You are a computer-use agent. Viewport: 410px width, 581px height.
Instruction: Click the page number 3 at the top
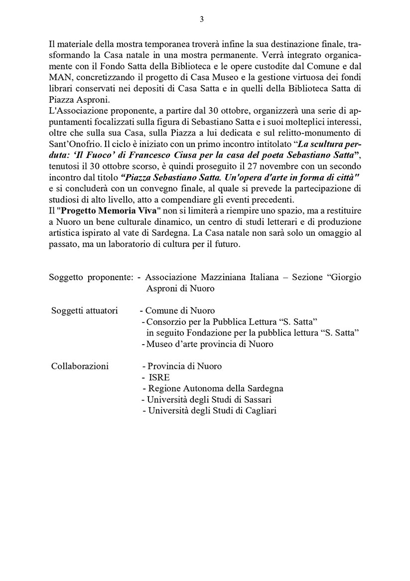(x=202, y=19)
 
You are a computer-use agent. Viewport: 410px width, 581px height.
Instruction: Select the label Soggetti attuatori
(x=84, y=311)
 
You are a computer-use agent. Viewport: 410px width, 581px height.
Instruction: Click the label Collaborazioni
(x=80, y=366)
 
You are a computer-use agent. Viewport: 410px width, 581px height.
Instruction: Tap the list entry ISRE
(x=159, y=377)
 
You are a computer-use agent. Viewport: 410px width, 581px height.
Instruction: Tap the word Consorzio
(x=166, y=322)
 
